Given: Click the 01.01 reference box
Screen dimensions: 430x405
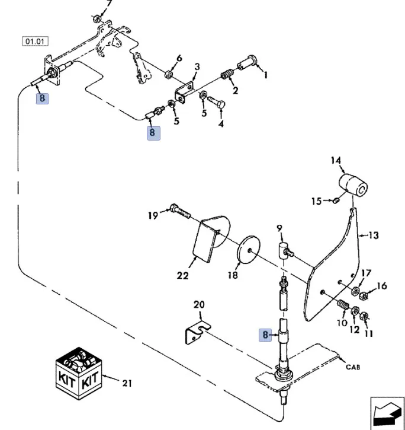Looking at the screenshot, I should [35, 42].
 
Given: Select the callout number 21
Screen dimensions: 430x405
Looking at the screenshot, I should [126, 383].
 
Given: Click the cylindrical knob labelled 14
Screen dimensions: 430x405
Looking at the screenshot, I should [353, 185].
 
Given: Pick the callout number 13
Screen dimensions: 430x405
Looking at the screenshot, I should [373, 235].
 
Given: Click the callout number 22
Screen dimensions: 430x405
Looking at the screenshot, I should [182, 275].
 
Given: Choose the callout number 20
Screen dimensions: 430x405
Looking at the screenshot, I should [199, 305].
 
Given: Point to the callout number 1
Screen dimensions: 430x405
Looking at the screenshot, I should [265, 75].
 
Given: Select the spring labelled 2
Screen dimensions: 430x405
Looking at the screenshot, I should [226, 75].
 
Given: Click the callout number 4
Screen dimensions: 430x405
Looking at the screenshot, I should [221, 124].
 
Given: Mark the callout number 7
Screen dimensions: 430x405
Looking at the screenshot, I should [108, 3].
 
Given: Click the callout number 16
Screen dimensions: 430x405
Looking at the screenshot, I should [381, 286].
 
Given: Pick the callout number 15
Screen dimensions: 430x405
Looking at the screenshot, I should [316, 202].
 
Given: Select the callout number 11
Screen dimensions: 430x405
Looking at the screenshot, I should [369, 333].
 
